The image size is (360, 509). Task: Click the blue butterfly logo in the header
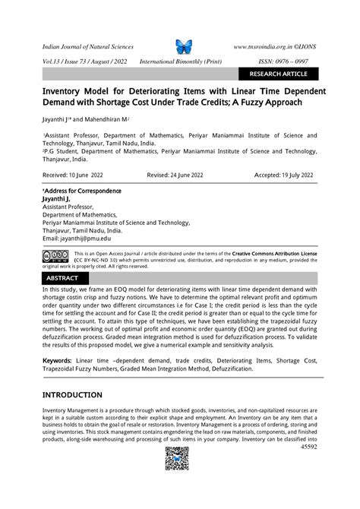(184, 46)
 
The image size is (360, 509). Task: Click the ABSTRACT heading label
(62, 278)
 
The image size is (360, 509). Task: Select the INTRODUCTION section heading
(72, 395)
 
